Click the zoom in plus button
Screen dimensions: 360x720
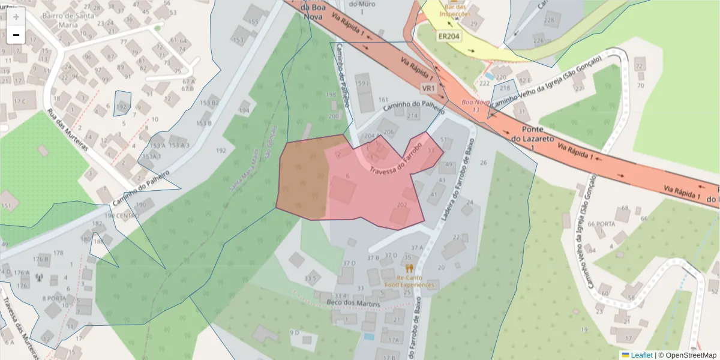click(x=16, y=17)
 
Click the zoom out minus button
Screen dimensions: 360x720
click(x=16, y=35)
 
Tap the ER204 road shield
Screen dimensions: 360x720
click(x=449, y=37)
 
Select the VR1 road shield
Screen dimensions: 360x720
click(x=428, y=88)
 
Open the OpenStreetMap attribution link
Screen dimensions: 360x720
click(x=687, y=355)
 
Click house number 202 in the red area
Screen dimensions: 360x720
click(x=402, y=205)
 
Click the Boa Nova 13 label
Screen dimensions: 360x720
click(x=475, y=106)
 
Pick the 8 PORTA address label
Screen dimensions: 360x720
click(x=54, y=298)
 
